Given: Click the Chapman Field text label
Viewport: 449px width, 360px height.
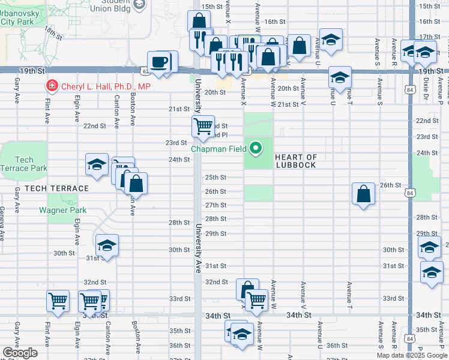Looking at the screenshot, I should tap(219, 149).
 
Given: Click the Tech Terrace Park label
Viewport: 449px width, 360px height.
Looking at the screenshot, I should tap(24, 164).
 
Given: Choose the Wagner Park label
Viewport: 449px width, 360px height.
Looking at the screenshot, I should tap(63, 210).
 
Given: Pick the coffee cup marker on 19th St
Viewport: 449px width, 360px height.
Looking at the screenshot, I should tap(159, 62).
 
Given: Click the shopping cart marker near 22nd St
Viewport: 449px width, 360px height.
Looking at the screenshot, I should tap(203, 126).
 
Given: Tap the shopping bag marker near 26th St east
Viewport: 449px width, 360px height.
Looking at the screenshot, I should tap(363, 194).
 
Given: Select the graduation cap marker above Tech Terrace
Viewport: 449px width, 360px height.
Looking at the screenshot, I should tap(96, 165).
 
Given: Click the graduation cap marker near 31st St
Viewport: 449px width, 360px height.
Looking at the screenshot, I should tap(107, 245).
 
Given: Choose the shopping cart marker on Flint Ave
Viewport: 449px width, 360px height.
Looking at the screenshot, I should tap(58, 301).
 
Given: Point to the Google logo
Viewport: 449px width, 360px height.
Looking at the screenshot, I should tap(20, 353).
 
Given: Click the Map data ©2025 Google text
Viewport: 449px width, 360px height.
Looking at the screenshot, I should tap(412, 355).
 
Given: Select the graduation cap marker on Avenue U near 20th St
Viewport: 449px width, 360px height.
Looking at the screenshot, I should tap(339, 77).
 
